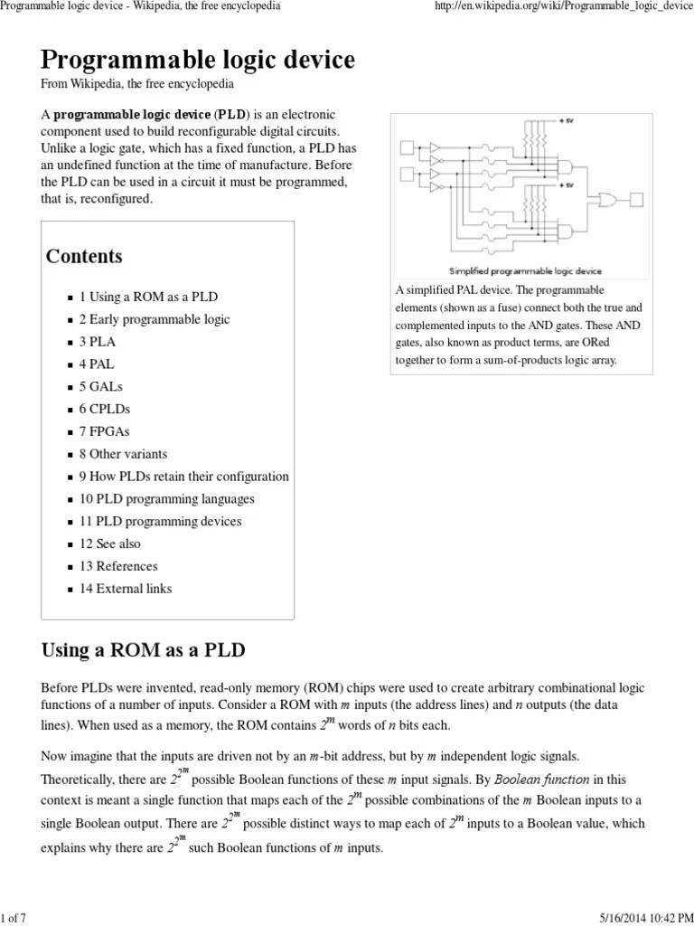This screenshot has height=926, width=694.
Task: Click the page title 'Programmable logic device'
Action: tap(198, 61)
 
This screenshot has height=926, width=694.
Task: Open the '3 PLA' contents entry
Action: tap(98, 342)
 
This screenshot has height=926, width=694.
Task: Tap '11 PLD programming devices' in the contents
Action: tap(160, 521)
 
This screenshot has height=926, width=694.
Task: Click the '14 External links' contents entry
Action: tap(126, 589)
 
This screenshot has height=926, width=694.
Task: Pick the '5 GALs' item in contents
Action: tap(101, 386)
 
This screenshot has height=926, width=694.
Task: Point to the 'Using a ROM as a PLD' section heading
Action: tap(144, 650)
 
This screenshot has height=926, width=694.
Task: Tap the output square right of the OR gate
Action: tap(636, 199)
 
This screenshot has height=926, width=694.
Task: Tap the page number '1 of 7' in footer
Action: tap(15, 919)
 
